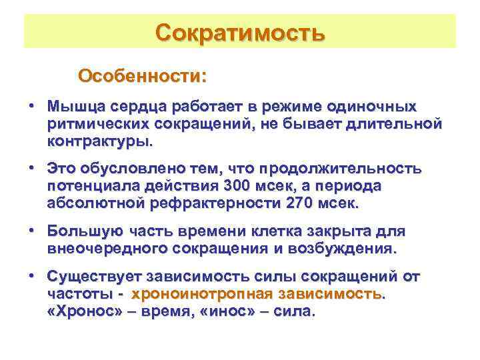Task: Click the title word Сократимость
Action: [240, 32]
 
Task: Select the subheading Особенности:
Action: [142, 75]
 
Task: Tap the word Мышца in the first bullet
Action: [73, 107]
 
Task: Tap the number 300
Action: [239, 185]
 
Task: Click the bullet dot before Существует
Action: [31, 276]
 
